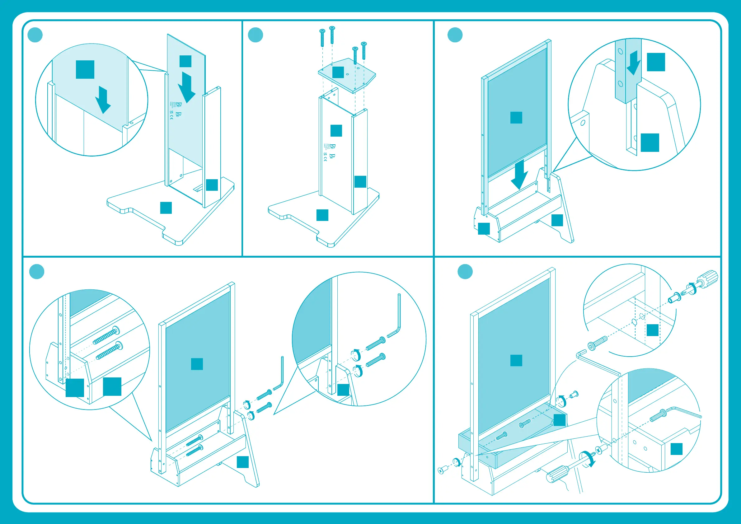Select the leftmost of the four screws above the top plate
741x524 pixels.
coord(322,38)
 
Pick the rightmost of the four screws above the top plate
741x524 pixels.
coord(364,50)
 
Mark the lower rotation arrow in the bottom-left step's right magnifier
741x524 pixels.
coord(357,371)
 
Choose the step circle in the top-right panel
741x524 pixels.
coord(455,35)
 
